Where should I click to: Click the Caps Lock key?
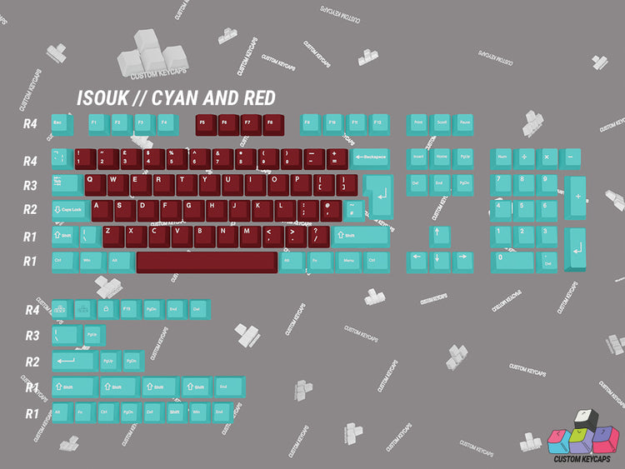tap(70, 210)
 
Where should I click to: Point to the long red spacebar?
tap(207, 262)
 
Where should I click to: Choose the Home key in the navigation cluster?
tap(441, 157)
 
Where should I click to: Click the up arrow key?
tap(441, 235)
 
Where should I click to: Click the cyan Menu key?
tap(349, 262)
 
